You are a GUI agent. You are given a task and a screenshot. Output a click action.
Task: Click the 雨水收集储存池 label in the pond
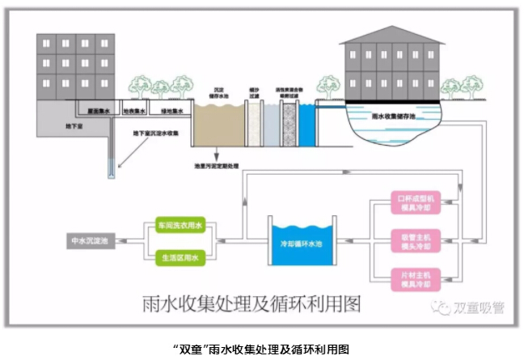(x=394, y=116)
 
